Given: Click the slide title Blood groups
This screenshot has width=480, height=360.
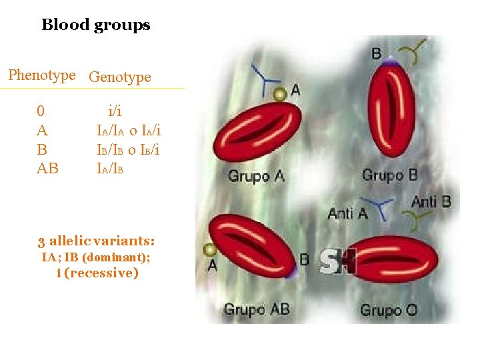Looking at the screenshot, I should pos(96,25).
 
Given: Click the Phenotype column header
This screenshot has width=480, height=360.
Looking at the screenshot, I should pos(42,75).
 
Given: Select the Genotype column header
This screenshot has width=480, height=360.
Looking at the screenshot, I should pos(119,77).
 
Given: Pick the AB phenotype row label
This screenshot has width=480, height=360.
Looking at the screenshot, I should pos(47,168).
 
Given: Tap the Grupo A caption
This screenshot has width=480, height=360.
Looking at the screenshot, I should pos(256,176).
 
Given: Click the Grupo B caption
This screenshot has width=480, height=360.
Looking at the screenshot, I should pos(389,175).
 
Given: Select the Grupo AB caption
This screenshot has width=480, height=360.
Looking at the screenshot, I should pos(256,309).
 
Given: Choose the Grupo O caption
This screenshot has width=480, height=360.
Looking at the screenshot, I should pos(389,310).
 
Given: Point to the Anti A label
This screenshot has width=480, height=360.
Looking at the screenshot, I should pos(347,213).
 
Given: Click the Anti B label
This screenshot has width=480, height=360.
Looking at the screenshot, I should pos(431,201).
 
